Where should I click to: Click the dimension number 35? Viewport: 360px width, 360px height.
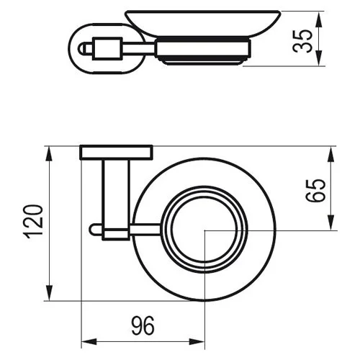(x=302, y=41)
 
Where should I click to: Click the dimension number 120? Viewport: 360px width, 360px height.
(x=33, y=221)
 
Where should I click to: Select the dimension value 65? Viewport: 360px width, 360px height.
(x=315, y=191)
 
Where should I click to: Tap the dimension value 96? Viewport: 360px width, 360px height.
(x=143, y=325)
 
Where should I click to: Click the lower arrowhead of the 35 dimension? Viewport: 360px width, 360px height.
(x=318, y=58)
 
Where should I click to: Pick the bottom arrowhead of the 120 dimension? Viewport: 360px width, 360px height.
(x=49, y=292)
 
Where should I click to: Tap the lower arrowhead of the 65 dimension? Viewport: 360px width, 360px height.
(x=330, y=222)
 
